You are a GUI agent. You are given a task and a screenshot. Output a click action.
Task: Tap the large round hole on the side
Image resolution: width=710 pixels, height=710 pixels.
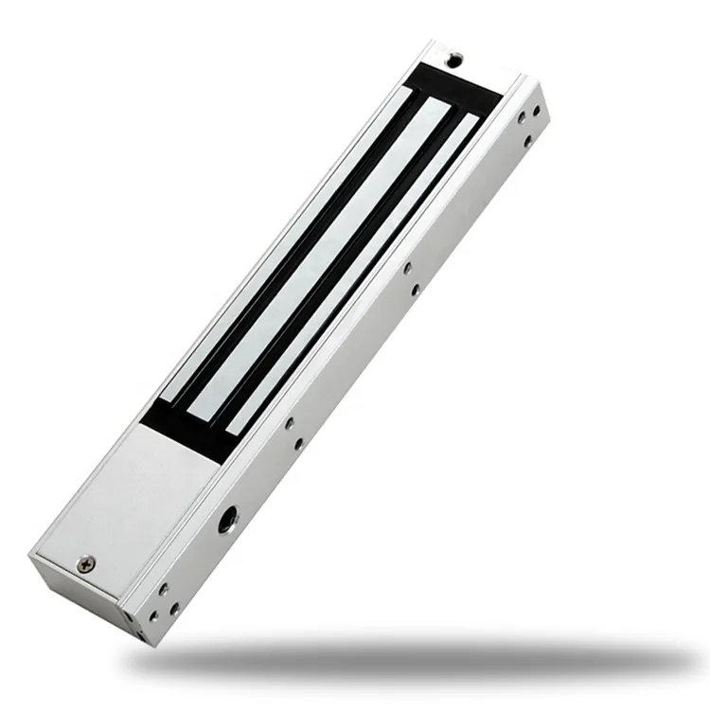point(228,519)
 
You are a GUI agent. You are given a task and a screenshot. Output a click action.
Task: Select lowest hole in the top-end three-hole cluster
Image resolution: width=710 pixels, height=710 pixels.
point(523,122)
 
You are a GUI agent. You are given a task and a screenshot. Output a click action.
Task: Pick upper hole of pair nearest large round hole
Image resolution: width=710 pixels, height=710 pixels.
point(289,423)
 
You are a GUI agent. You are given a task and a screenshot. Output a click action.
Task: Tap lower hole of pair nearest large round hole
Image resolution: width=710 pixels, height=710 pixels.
point(297,442)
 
